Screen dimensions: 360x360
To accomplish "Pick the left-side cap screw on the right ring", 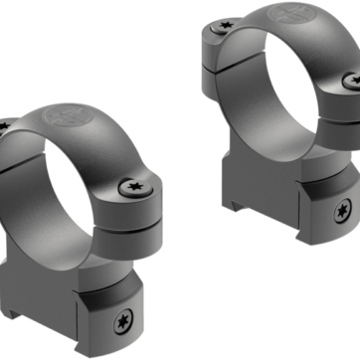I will click(x=216, y=33).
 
